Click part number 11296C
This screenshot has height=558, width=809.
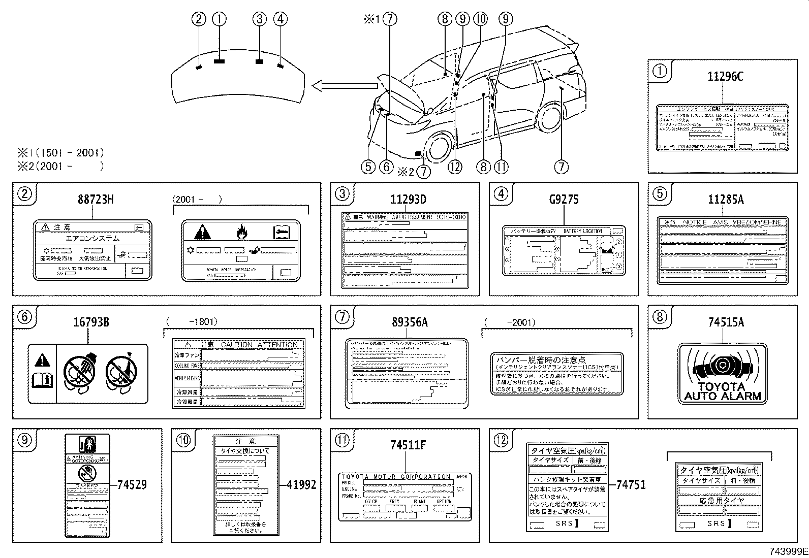point(725,77)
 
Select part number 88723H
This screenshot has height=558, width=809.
point(96,200)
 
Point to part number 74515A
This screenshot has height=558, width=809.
point(726,322)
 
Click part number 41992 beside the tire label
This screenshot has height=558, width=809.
point(301,485)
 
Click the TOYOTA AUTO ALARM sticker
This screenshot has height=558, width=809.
point(722,374)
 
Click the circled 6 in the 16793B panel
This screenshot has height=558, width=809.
point(24,317)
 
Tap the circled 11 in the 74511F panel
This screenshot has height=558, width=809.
point(342,440)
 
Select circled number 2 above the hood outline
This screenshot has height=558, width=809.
point(199,19)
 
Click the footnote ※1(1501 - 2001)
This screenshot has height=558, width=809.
point(60,152)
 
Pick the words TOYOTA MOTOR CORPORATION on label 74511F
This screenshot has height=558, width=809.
point(396,477)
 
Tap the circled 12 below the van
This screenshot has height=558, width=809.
point(455,167)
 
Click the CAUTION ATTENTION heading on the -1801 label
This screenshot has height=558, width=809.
point(259,344)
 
